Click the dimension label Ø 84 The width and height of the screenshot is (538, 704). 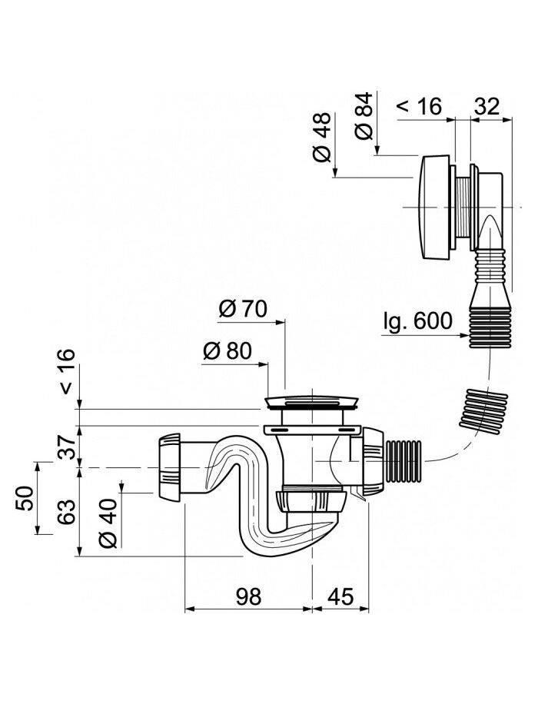pos(364,116)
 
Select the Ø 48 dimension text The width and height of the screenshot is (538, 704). pos(322,138)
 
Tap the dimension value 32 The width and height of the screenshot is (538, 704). pos(487,106)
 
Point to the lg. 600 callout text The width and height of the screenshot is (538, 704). pos(417,321)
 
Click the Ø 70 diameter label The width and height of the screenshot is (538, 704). pos(243,309)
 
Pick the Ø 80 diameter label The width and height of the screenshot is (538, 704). pos(227,350)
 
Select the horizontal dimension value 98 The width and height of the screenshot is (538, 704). pos(248,596)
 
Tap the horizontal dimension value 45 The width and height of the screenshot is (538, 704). pos(340,596)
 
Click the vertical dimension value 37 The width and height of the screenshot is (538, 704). pos(67,447)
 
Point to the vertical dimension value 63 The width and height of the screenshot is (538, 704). pos(67,511)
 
